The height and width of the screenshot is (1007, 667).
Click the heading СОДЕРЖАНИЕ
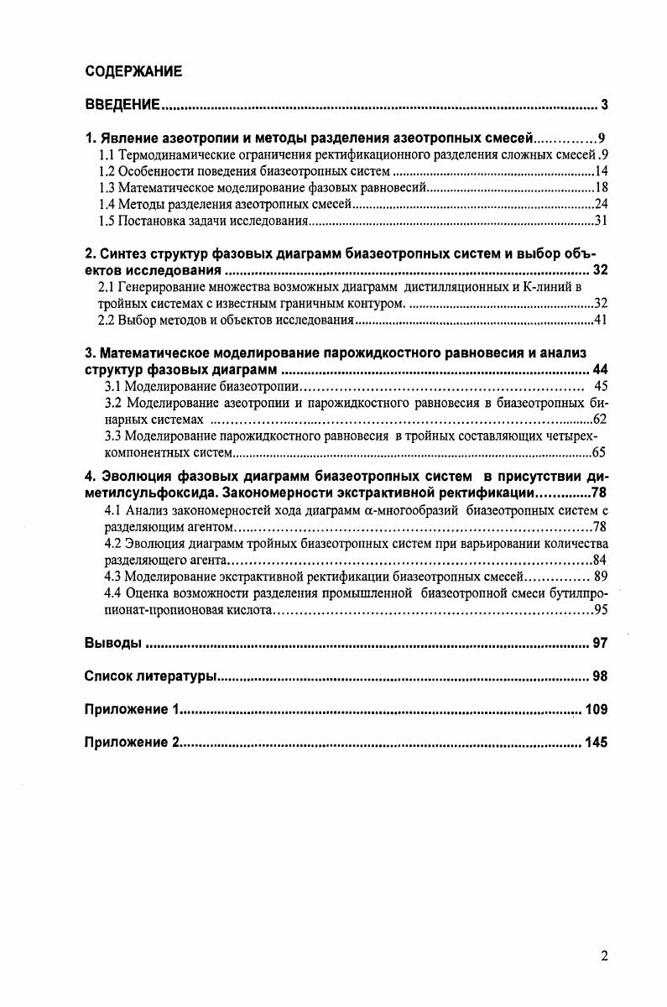pos(134,71)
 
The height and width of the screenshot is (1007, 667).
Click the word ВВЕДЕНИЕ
pos(122,105)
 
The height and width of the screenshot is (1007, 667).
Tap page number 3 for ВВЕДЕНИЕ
pos(603,105)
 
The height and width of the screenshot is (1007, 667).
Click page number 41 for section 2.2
pos(600,320)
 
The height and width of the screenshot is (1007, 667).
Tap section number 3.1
pos(113,386)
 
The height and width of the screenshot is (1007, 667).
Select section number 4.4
pos(113,592)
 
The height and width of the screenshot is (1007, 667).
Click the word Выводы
pos(112,644)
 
